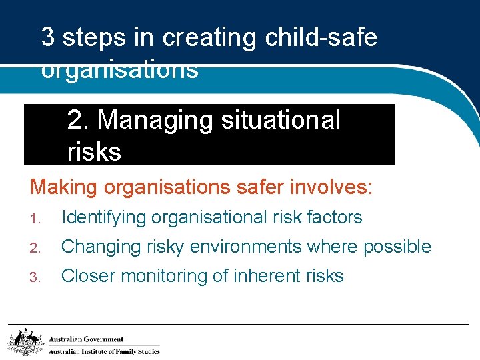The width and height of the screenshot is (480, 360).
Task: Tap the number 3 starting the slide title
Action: point(48,38)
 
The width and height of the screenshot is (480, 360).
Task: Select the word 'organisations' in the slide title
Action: point(120,70)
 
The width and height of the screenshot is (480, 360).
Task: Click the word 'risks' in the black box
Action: point(94,152)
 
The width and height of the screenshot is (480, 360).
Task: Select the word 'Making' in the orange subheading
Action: point(61,187)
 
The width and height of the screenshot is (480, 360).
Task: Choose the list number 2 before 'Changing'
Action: point(35,248)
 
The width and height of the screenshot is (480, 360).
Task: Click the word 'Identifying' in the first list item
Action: point(104,217)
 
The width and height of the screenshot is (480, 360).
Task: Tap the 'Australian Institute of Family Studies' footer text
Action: point(104,351)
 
